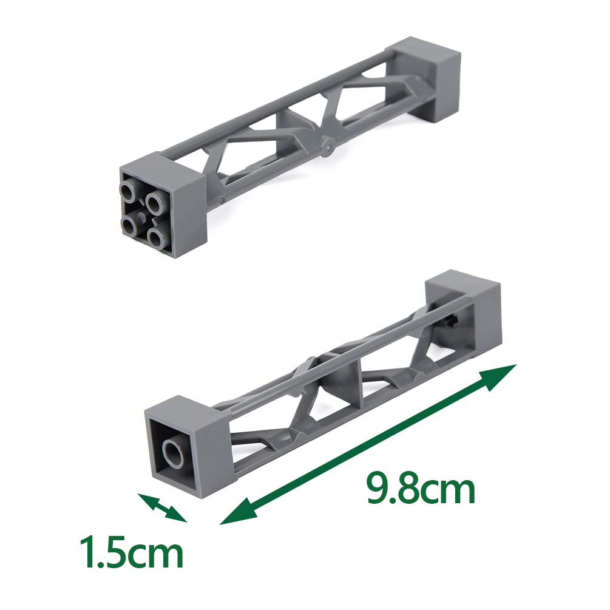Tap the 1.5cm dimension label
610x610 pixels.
tap(133, 550)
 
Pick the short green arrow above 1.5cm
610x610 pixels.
tap(162, 507)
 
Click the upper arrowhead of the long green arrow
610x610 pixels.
tap(504, 371)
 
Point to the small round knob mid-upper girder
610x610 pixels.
tap(328, 146)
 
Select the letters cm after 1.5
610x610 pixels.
tap(158, 554)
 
